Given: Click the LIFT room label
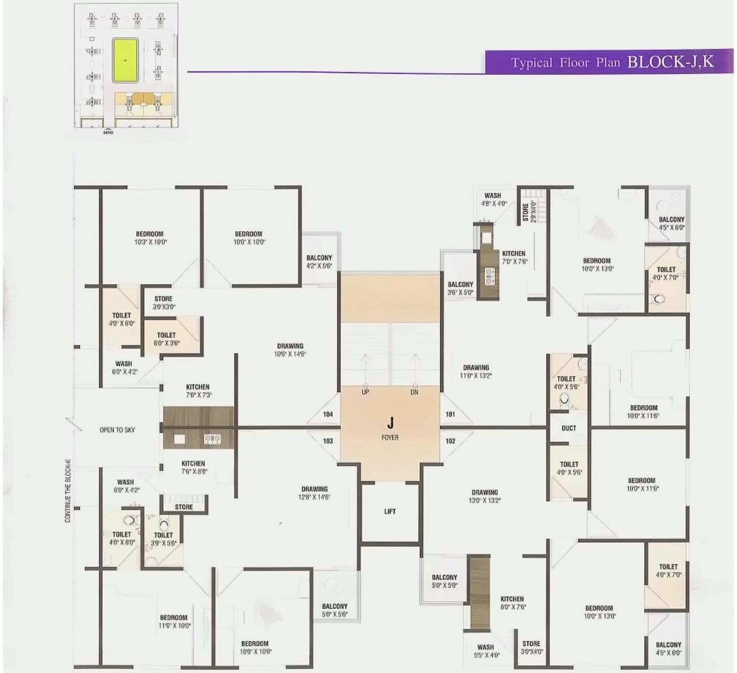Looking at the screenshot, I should (390, 511).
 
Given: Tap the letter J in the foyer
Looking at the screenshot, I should (390, 423).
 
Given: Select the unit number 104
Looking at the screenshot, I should (328, 414).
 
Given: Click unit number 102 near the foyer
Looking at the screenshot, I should (450, 441).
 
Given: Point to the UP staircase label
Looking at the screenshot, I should (365, 392).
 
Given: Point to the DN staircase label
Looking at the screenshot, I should (415, 392).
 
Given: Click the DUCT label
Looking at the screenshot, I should (569, 428).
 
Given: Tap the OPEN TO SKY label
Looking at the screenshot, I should (117, 430).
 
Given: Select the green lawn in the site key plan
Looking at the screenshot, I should (125, 60).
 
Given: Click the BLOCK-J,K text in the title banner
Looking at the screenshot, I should (670, 62).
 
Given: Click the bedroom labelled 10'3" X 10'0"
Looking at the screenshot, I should (150, 238).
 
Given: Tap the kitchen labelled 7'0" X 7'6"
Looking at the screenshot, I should (514, 257).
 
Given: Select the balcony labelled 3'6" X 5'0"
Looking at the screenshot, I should (460, 288).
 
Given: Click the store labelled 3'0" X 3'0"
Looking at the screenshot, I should (163, 302).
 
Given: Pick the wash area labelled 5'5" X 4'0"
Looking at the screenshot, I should (486, 651).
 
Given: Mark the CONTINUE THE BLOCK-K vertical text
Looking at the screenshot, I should (68, 491).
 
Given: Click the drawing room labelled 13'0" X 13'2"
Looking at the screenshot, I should (485, 496).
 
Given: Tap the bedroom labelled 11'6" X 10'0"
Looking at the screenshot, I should (174, 621).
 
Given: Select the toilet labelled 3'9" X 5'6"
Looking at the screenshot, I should (163, 539).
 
